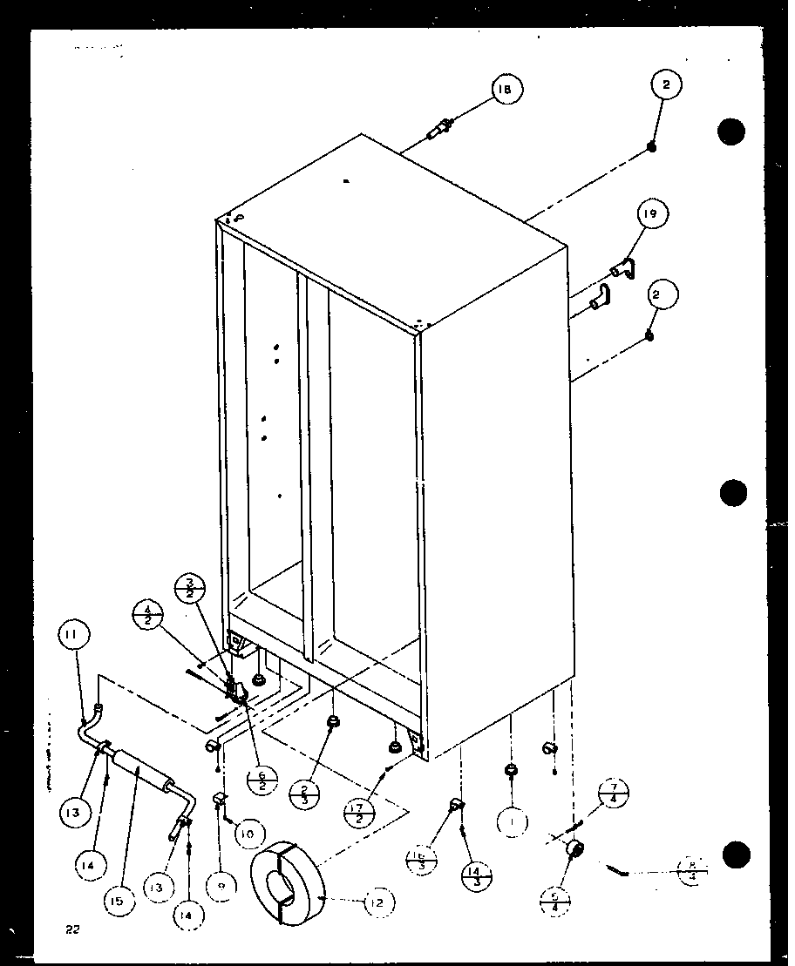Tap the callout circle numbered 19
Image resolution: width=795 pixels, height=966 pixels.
(x=653, y=213)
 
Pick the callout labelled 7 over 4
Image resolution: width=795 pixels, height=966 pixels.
(x=614, y=794)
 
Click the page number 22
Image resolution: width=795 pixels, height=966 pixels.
(x=71, y=929)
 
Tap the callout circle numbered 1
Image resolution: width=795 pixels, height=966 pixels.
(x=514, y=820)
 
